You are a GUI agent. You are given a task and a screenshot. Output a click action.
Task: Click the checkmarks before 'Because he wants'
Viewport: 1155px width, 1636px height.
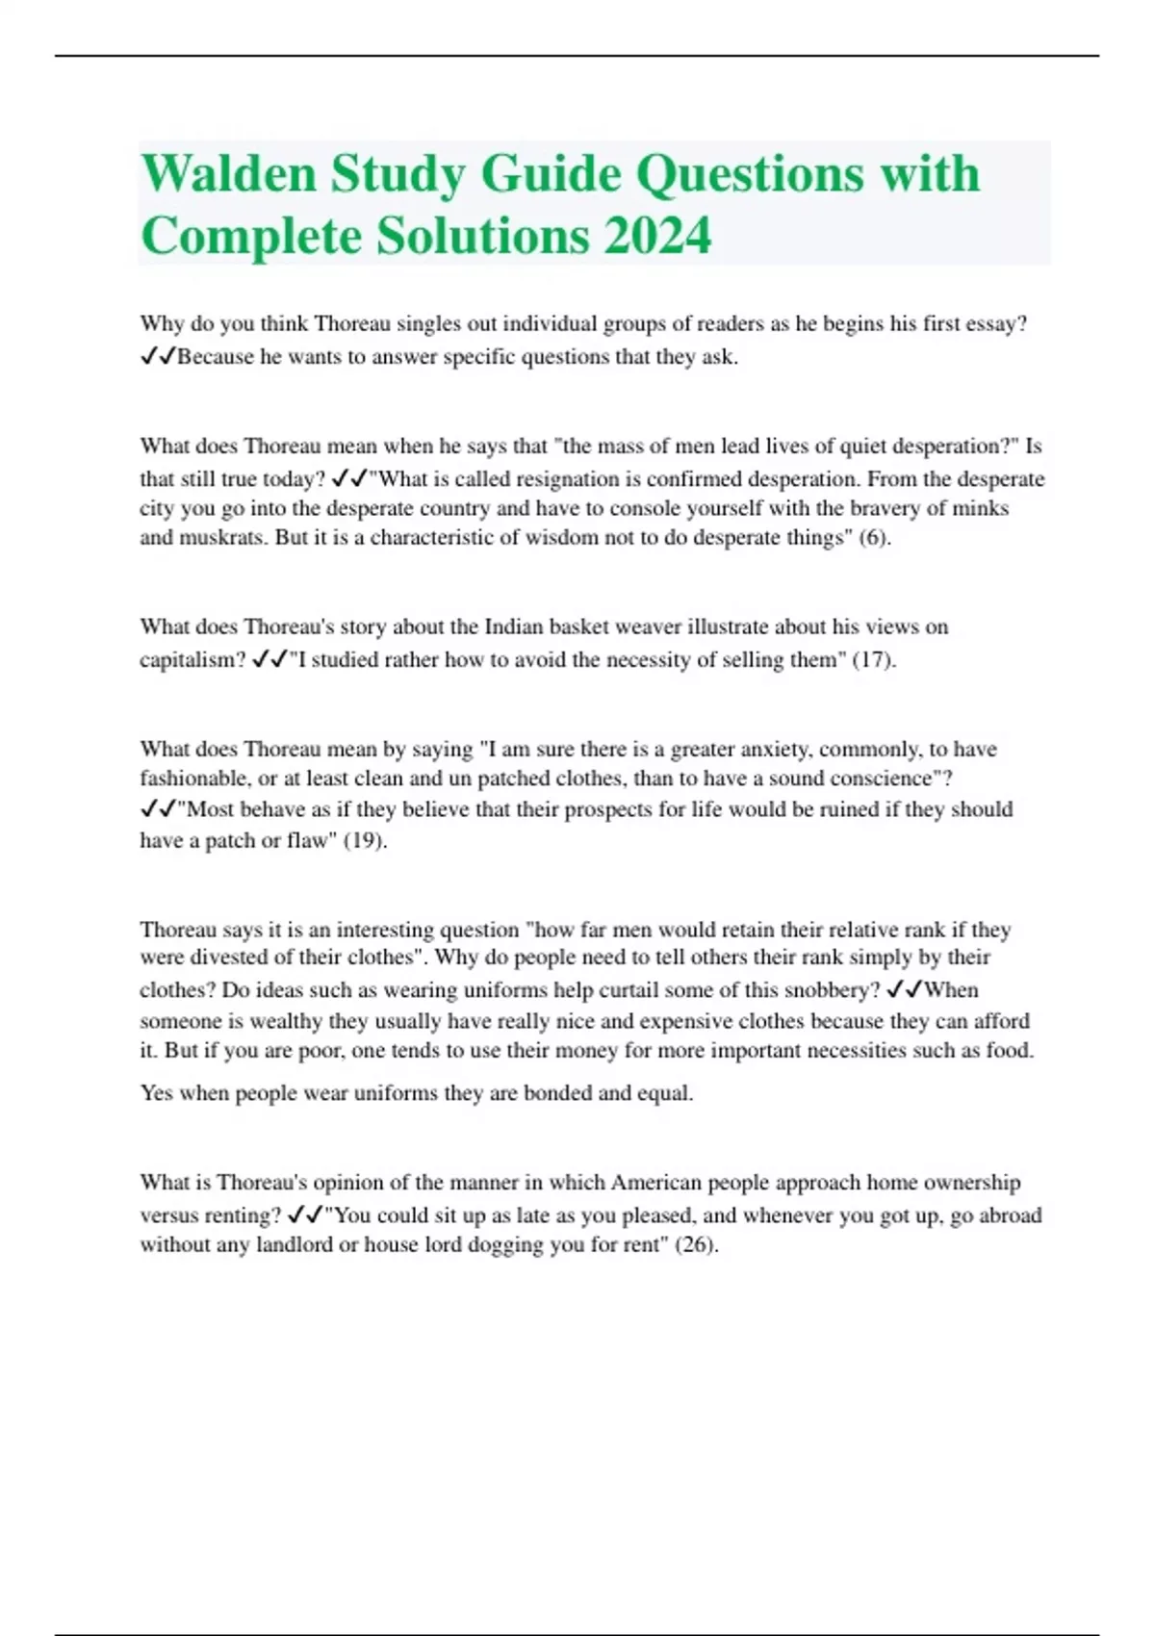click(158, 357)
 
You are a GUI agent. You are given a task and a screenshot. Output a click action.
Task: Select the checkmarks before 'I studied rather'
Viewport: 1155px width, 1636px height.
click(269, 660)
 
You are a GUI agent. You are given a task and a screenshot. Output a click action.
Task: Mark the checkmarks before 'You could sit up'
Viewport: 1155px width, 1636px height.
click(305, 1215)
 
